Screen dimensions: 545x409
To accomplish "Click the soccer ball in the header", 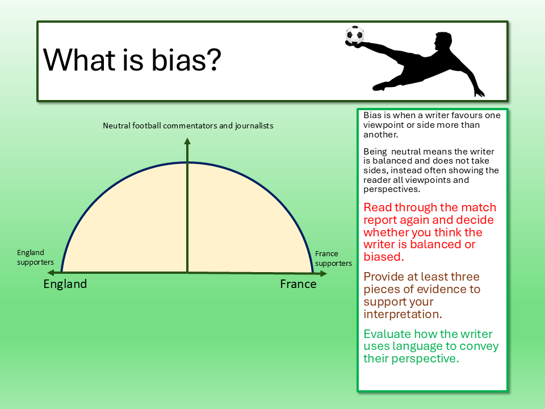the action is (355, 35).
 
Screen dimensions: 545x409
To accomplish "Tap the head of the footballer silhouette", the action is (443, 41).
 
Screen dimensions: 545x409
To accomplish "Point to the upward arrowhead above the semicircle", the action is (187, 141).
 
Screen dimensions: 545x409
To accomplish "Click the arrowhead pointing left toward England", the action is (51, 273).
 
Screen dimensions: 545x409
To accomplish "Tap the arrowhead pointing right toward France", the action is (323, 273).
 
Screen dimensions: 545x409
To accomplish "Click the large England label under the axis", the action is (65, 284).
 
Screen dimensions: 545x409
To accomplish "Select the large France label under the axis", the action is (298, 284).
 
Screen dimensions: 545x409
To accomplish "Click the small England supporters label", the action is (35, 257).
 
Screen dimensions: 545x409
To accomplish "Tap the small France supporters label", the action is (333, 258).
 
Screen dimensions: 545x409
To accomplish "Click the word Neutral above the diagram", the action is (116, 126).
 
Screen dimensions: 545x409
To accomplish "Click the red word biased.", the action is (384, 257).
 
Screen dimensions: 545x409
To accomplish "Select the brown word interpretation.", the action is (403, 314).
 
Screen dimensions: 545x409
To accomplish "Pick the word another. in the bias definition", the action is (380, 135).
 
